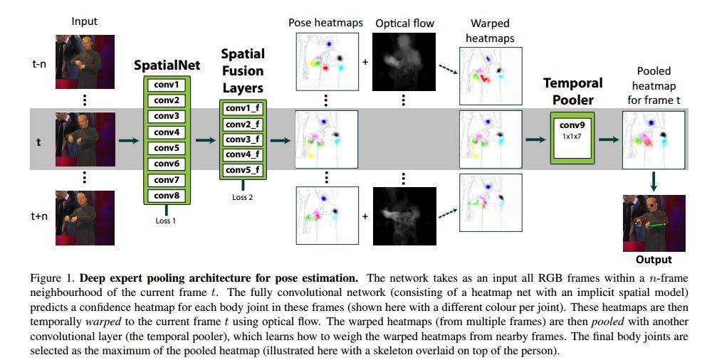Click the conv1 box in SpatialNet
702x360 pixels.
[x=166, y=84]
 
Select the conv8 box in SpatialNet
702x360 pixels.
[x=166, y=195]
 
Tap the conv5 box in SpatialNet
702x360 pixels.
[x=166, y=147]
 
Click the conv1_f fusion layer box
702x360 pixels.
[x=242, y=108]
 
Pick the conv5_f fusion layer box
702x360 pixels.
[x=242, y=170]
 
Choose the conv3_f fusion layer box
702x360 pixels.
[x=242, y=139]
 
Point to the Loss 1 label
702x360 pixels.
[x=166, y=221]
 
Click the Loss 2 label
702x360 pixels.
[x=242, y=197]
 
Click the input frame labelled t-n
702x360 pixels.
[x=85, y=63]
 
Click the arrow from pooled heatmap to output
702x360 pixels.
[x=654, y=182]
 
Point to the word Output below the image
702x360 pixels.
[x=654, y=260]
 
